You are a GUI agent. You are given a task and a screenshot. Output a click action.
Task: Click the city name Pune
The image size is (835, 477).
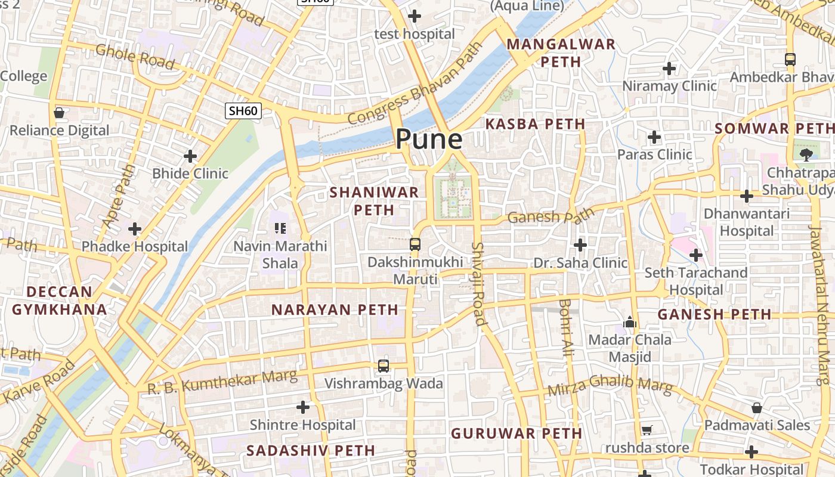(429, 139)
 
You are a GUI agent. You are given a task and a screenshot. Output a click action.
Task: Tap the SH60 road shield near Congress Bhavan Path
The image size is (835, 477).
(243, 110)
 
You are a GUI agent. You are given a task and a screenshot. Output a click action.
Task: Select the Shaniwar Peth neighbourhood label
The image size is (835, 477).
(374, 201)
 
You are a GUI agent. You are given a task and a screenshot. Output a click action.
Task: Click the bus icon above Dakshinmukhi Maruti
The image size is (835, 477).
(415, 244)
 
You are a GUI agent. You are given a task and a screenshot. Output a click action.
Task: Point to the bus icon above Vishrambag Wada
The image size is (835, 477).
(383, 366)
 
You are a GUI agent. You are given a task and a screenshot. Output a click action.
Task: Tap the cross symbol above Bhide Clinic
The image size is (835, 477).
(190, 156)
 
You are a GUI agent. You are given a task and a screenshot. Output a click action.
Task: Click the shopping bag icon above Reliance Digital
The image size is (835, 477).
(59, 112)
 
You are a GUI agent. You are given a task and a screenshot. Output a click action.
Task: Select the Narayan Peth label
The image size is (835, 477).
(335, 309)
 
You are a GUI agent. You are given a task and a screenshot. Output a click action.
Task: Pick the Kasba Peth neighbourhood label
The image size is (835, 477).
(535, 124)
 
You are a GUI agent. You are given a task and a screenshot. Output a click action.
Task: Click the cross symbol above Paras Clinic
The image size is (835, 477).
(654, 137)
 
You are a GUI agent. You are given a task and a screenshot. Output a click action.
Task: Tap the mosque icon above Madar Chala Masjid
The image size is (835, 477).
(630, 322)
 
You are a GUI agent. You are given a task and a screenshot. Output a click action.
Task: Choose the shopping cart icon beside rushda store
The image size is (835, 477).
(647, 430)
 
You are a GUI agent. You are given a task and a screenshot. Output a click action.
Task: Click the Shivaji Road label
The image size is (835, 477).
(478, 283)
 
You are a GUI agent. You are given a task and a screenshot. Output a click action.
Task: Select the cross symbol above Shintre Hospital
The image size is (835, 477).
(303, 407)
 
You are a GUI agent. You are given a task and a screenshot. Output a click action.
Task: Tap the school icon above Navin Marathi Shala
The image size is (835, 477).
(280, 228)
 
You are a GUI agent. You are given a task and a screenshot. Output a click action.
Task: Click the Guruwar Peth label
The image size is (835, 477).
(516, 433)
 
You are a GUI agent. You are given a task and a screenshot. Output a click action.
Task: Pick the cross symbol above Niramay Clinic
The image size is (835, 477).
(669, 69)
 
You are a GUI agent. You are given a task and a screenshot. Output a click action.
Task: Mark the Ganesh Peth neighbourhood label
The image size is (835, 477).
(714, 314)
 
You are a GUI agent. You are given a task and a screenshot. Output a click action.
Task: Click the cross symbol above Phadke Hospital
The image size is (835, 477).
(135, 228)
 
